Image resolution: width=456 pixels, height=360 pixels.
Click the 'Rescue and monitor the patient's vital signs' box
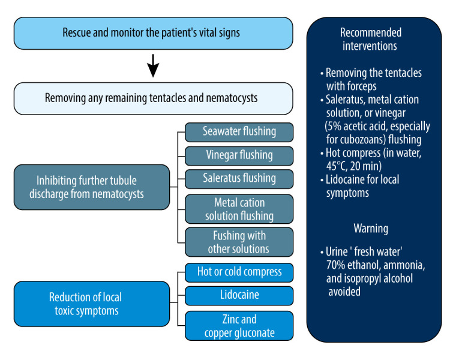point(153,33)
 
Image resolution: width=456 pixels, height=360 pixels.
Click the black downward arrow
point(153,65)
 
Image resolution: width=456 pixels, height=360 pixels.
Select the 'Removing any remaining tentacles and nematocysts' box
point(153,98)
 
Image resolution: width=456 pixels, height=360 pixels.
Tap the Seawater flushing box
point(239,132)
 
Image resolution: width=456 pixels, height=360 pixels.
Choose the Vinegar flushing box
point(239,156)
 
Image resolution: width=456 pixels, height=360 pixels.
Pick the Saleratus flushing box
point(239,179)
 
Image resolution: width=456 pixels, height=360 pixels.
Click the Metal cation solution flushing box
point(239,209)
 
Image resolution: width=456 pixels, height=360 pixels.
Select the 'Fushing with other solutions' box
point(239,242)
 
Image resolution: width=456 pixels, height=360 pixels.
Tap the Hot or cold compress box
point(239,272)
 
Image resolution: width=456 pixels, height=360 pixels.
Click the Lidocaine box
point(239,296)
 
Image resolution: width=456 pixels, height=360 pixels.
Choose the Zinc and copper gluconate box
point(239,326)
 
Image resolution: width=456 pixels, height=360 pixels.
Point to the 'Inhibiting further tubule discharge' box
point(92,187)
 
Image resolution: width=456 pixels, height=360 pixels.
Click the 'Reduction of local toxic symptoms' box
point(92,304)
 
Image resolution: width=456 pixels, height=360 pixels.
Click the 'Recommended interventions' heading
point(371,39)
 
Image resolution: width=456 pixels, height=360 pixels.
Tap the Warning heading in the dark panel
point(371,229)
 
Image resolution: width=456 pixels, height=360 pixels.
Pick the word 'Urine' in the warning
point(337,251)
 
